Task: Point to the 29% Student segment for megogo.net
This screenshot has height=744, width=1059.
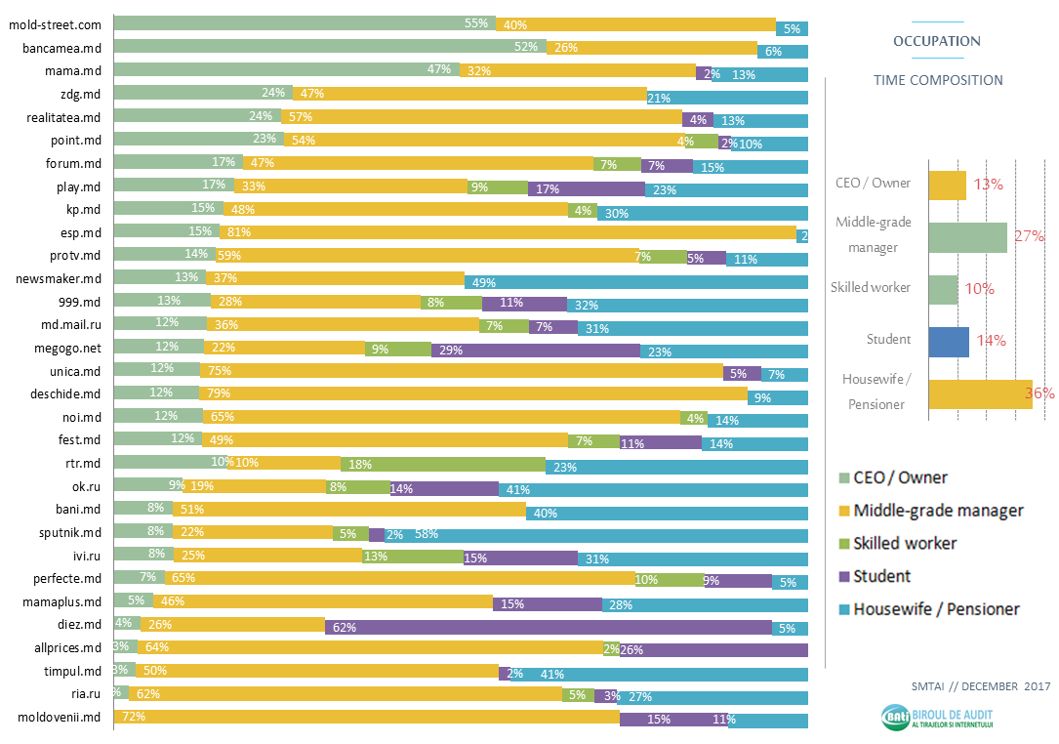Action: tap(535, 350)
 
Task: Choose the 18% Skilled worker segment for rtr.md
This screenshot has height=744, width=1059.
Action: tap(442, 464)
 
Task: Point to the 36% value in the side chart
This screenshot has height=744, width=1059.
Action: tap(1039, 393)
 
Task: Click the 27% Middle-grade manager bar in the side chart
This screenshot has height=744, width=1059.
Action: tap(966, 237)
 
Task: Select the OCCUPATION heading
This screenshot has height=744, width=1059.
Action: tap(937, 41)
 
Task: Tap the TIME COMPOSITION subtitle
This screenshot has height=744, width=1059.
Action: tap(937, 80)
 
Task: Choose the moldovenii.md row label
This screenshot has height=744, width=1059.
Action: tap(60, 718)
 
